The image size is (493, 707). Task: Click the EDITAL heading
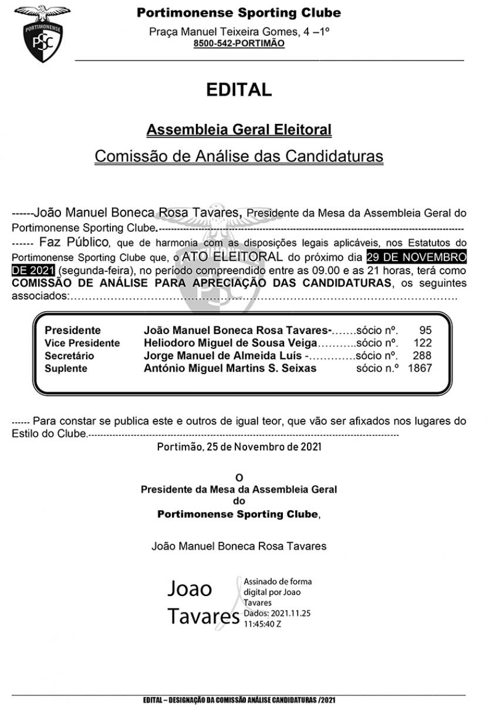coord(239,90)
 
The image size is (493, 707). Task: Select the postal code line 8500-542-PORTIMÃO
coord(239,44)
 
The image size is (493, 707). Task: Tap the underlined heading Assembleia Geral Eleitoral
coord(239,129)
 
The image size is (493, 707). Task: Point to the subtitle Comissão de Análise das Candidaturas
coord(239,157)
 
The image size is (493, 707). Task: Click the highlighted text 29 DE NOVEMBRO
coord(416,257)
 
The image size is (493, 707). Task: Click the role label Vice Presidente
coord(82,344)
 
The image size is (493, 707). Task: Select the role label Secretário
coord(69,356)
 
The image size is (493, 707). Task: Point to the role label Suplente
coord(66,369)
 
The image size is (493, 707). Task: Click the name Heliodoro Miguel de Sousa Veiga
coord(230,344)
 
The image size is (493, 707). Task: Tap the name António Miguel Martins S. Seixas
coord(230,369)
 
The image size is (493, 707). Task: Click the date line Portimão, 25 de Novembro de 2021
coord(239,447)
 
